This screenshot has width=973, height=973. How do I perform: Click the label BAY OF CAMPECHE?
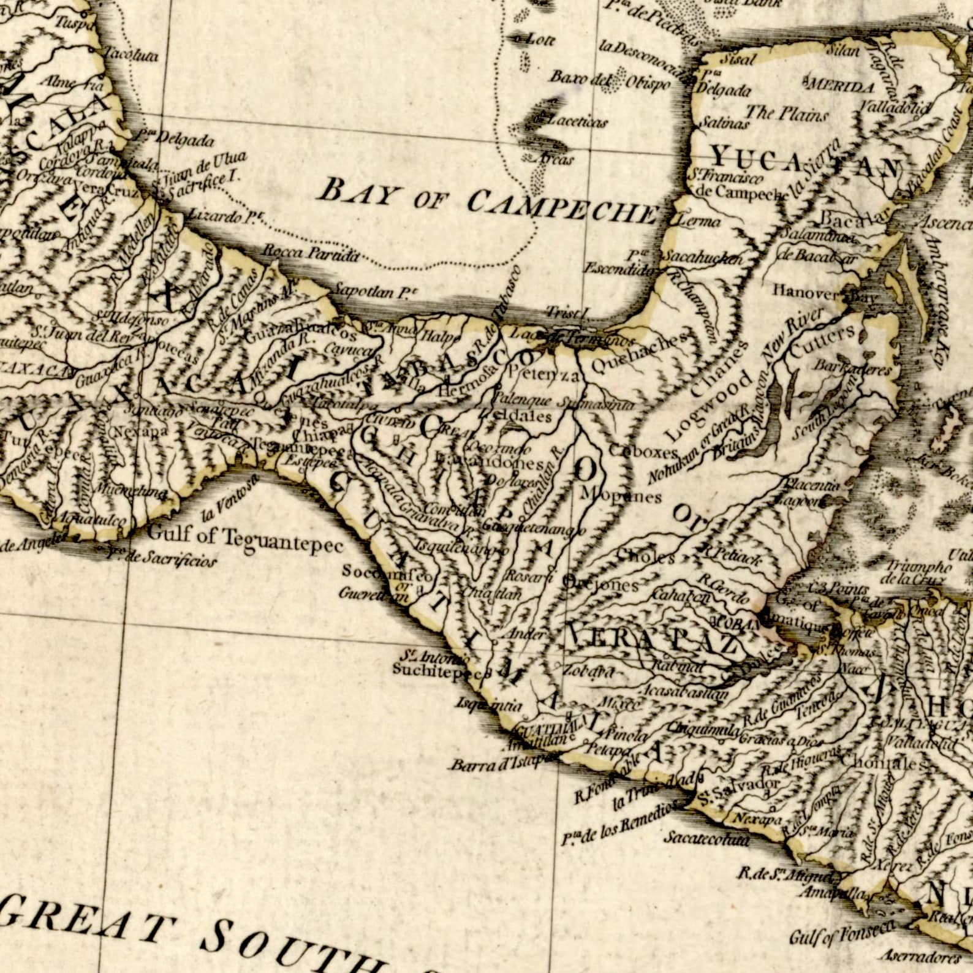pyautogui.click(x=487, y=200)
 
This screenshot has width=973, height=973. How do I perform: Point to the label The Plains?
pyautogui.click(x=786, y=113)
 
